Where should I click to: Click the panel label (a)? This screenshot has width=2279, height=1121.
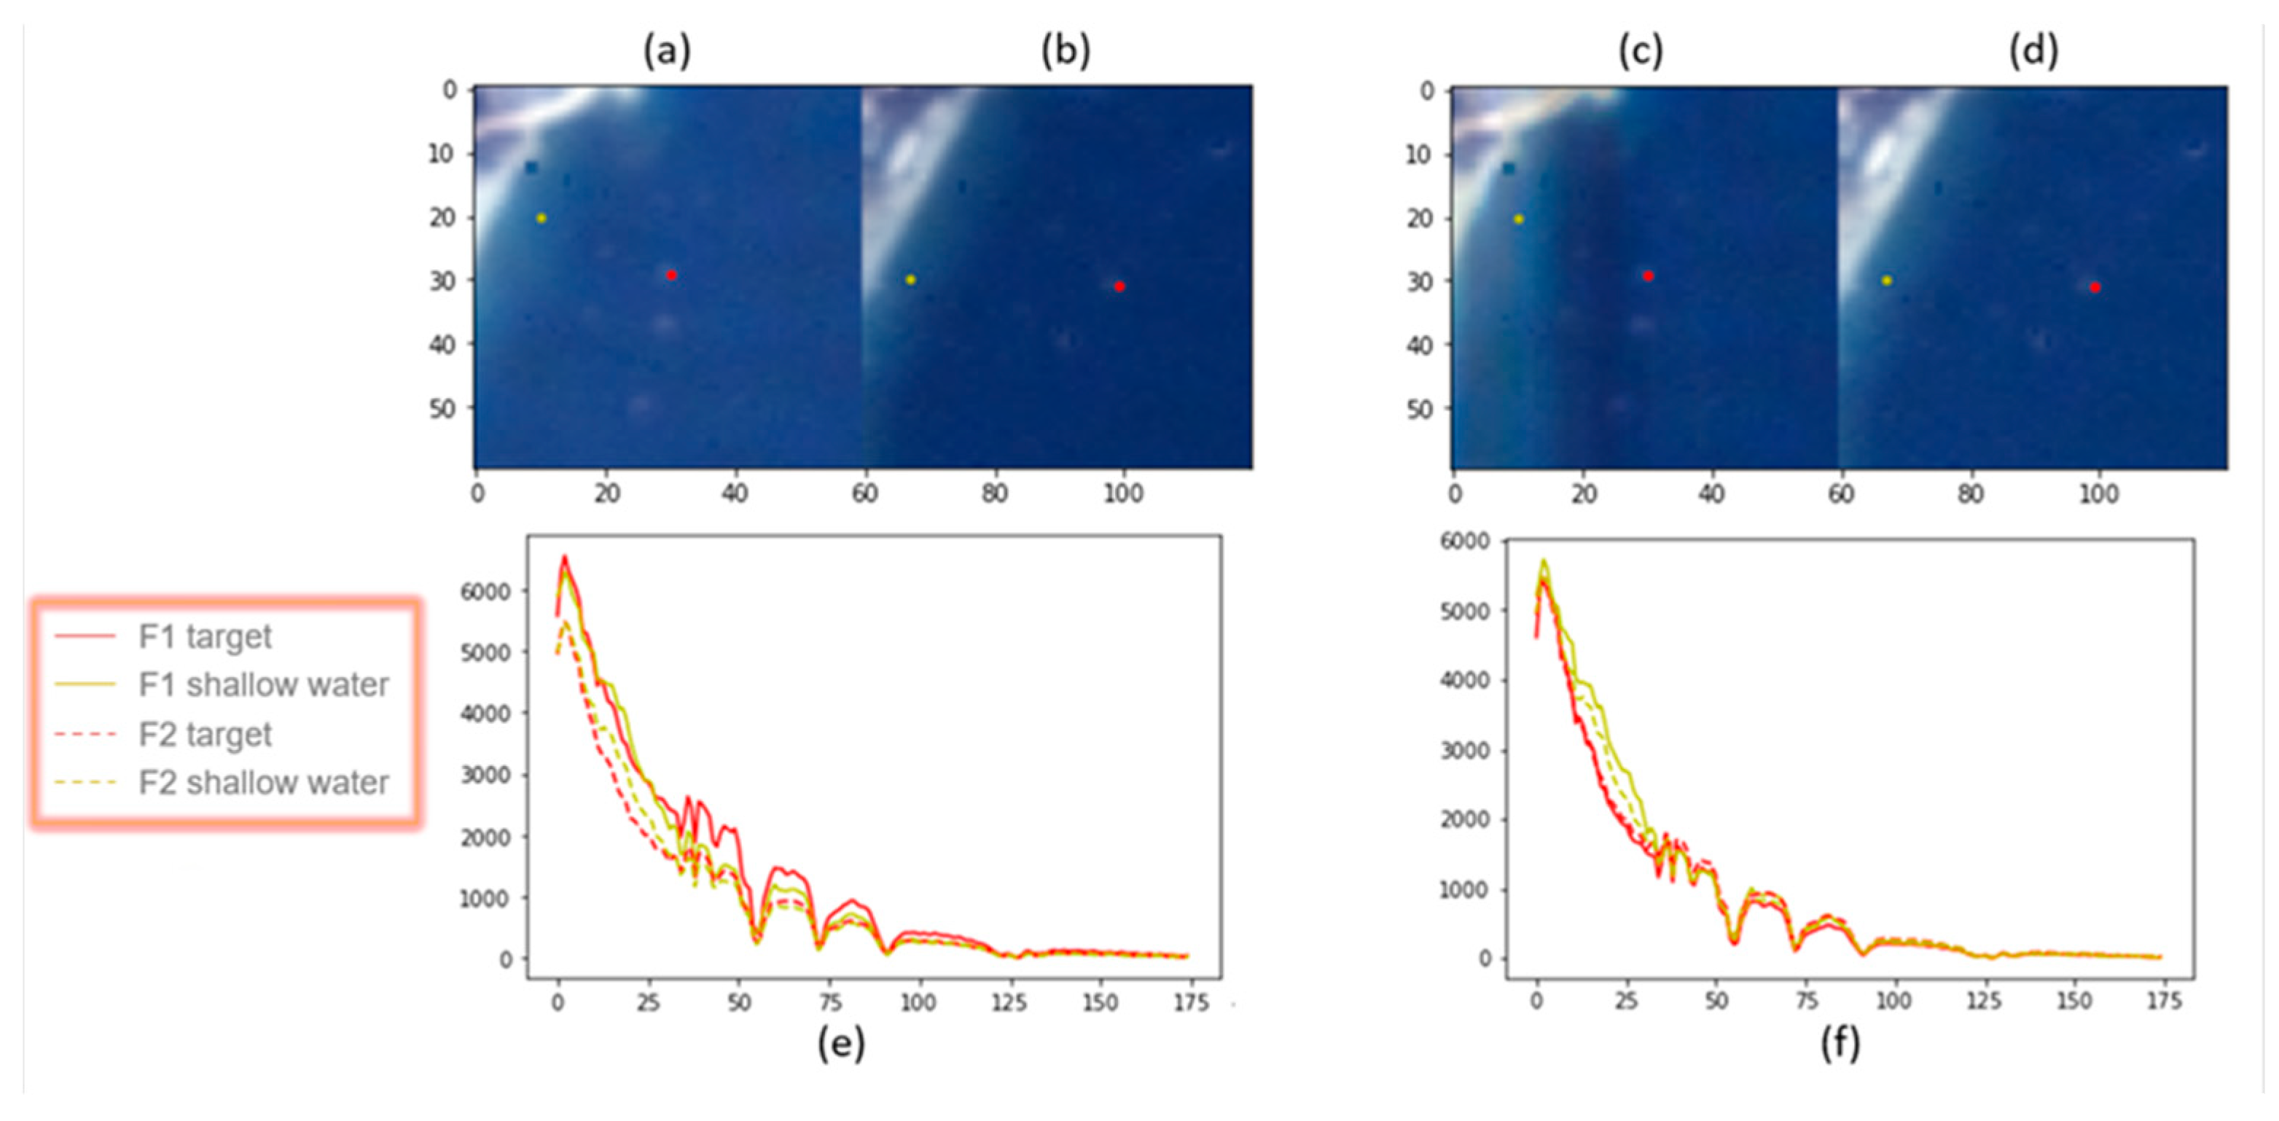(666, 51)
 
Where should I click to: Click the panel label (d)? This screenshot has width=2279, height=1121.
(2033, 51)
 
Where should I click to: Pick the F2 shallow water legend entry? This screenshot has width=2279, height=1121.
(263, 783)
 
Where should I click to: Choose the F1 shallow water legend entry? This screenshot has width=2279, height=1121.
(263, 685)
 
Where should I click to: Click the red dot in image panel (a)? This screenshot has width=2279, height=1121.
(671, 276)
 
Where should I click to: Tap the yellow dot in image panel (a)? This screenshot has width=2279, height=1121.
(542, 218)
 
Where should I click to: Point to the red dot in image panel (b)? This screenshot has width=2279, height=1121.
(1119, 286)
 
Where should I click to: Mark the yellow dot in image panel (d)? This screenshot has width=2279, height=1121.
(1886, 281)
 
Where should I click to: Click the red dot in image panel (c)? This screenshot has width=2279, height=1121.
(1648, 276)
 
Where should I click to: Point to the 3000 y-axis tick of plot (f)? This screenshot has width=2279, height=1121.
(1465, 750)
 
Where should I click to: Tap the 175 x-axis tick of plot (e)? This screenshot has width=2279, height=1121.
(1190, 1002)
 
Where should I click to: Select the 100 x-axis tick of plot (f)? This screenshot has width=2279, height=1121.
(1893, 1001)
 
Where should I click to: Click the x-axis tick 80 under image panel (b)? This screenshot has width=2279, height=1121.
(994, 493)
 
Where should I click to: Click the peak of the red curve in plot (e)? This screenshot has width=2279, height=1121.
(564, 557)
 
